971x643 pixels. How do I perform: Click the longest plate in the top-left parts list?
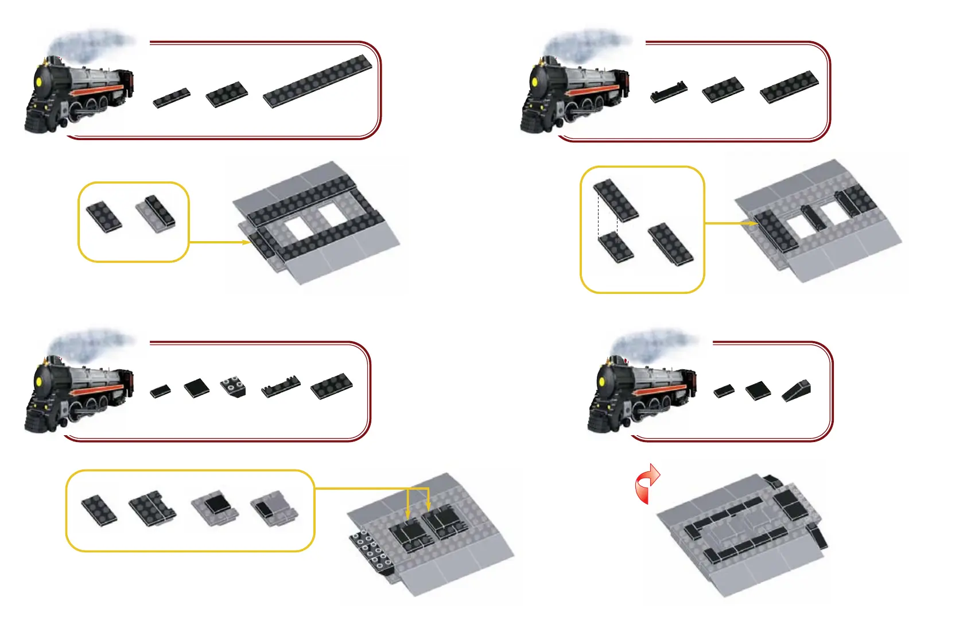[x=317, y=81]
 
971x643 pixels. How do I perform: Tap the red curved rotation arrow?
[x=647, y=483]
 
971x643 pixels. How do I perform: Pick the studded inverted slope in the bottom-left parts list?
[x=233, y=386]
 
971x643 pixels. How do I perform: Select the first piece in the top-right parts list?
[x=669, y=91]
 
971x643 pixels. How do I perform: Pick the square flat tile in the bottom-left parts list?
[x=197, y=388]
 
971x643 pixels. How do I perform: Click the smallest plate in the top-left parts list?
[x=172, y=98]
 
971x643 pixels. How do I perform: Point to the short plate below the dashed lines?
[x=616, y=248]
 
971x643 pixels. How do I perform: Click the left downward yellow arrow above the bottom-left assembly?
[x=407, y=511]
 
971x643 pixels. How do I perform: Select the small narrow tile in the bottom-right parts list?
[x=724, y=391]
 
